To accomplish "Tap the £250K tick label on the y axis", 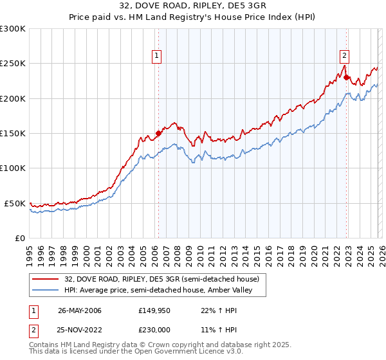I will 13,64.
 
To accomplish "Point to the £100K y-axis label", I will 13,168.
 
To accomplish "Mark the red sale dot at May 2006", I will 159,134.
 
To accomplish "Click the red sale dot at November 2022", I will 346,78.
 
